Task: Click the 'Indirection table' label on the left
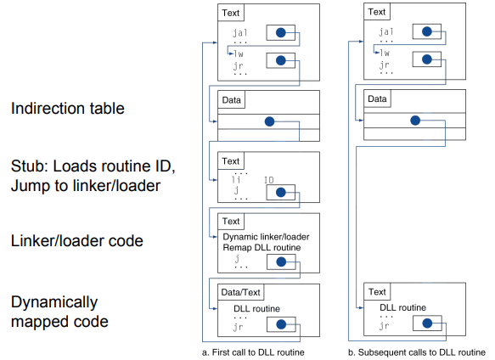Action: click(68, 109)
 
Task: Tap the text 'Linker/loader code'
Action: click(77, 240)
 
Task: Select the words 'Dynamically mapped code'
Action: click(59, 312)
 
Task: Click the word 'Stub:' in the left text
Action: click(30, 166)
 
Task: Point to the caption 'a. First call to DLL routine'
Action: click(253, 352)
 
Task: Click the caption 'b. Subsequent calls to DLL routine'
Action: click(417, 352)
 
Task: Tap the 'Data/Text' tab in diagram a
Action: click(240, 292)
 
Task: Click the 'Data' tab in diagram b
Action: click(377, 98)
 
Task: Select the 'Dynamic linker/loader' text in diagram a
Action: click(266, 237)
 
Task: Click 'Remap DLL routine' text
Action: click(262, 247)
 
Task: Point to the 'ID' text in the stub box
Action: click(268, 180)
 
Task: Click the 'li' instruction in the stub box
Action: click(236, 180)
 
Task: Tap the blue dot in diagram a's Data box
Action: click(269, 121)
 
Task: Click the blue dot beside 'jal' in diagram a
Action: click(281, 32)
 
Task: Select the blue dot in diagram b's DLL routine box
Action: click(427, 323)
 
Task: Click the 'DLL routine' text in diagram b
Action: click(402, 307)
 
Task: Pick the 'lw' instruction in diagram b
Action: click(385, 53)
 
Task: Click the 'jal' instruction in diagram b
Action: click(386, 31)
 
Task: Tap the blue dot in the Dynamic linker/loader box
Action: click(281, 262)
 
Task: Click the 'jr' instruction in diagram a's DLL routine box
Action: click(239, 327)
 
